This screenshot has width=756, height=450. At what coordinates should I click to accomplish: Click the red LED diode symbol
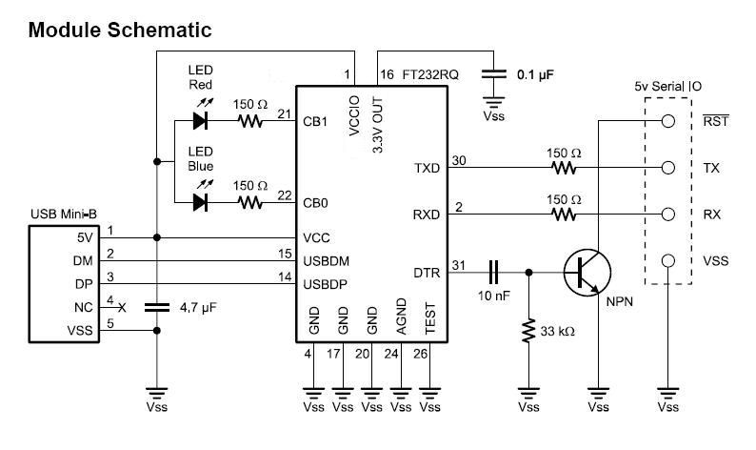pyautogui.click(x=201, y=121)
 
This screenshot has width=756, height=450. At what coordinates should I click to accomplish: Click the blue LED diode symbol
pyautogui.click(x=201, y=202)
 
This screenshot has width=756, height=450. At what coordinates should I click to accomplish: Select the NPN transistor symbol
pyautogui.click(x=583, y=272)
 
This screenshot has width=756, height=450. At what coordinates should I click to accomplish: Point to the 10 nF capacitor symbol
pyautogui.click(x=494, y=272)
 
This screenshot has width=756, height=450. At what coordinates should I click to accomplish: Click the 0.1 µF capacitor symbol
pyautogui.click(x=493, y=73)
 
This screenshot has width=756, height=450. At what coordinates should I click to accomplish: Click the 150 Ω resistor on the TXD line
pyautogui.click(x=565, y=168)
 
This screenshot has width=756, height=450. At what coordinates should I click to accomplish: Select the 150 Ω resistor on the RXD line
pyautogui.click(x=565, y=215)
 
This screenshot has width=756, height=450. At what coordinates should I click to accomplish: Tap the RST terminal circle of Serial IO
pyautogui.click(x=669, y=121)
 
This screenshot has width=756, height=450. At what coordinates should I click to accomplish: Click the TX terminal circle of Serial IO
pyautogui.click(x=669, y=168)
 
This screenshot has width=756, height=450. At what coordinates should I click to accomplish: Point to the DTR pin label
pyautogui.click(x=428, y=273)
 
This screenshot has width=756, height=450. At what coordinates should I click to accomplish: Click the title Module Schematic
pyautogui.click(x=119, y=31)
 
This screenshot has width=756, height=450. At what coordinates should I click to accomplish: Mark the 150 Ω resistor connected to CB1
pyautogui.click(x=251, y=121)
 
